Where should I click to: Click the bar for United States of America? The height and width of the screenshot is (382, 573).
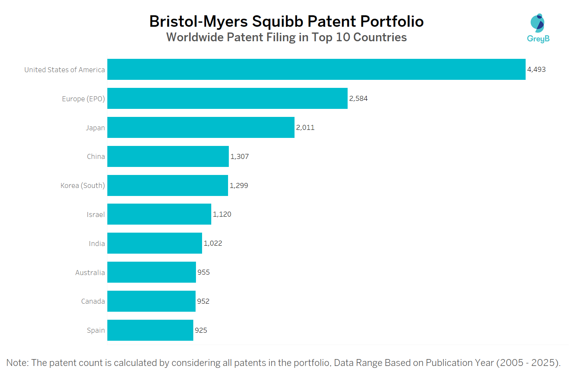(316, 69)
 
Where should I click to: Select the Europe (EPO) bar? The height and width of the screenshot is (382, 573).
(227, 98)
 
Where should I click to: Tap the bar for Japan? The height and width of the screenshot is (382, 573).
(201, 127)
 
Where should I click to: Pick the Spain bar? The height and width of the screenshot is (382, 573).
(150, 330)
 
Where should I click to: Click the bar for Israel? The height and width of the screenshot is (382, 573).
(159, 214)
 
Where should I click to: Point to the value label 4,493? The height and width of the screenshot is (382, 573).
(536, 70)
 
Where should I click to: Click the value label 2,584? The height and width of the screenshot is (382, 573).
(358, 99)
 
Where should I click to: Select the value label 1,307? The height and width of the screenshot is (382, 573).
(240, 157)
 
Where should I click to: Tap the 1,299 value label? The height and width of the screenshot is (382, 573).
(239, 186)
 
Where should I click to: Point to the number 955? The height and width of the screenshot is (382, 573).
(204, 272)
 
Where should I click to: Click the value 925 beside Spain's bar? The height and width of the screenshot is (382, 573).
(201, 330)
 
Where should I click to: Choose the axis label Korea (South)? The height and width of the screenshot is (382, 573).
(83, 186)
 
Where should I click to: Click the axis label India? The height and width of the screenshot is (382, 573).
(97, 244)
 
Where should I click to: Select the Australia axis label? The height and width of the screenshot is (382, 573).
(90, 273)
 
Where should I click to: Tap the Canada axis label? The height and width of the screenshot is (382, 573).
(93, 301)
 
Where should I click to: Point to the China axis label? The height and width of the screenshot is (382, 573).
(95, 157)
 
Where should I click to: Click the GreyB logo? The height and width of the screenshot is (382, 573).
(538, 28)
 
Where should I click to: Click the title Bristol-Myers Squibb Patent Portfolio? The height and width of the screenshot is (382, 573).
(286, 21)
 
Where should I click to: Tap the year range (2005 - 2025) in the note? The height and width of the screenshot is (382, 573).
(528, 363)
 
